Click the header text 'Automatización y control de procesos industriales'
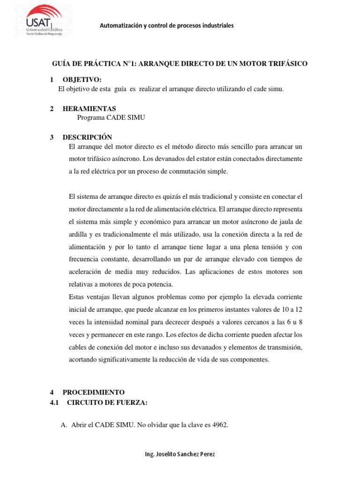(166, 25)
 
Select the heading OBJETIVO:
(82, 80)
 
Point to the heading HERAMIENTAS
(89, 109)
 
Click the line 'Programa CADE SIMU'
(111, 118)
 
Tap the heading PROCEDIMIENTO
(94, 392)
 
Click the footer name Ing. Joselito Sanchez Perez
(180, 454)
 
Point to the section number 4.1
(55, 402)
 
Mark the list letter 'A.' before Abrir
(65, 425)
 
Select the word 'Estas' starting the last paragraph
(77, 297)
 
